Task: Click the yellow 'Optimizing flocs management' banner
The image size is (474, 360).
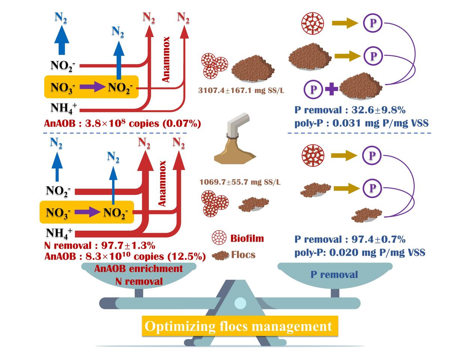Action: click(238, 326)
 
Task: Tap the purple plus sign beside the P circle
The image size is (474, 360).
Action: click(331, 90)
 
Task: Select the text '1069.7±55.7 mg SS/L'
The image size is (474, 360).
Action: click(240, 182)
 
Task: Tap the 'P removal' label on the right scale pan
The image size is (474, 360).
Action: click(334, 274)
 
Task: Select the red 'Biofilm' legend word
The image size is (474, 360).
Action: click(247, 238)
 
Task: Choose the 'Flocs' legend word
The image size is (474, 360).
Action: click(243, 255)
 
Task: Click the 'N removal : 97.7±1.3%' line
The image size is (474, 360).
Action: click(99, 246)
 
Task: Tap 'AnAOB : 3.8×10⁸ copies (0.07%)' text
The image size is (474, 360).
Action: click(123, 123)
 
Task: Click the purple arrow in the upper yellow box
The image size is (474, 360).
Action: click(93, 87)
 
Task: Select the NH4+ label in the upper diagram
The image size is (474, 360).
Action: click(63, 108)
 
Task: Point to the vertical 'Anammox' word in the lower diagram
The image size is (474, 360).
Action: click(162, 183)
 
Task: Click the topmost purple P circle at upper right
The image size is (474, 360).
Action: click(373, 23)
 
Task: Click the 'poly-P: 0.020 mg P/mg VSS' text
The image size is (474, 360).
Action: click(360, 252)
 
